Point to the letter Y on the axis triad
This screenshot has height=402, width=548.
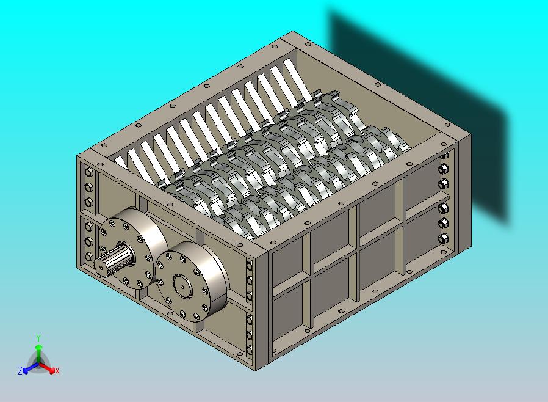click(39, 338)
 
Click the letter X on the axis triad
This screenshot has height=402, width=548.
click(57, 371)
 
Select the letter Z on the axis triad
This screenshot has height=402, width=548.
click(20, 370)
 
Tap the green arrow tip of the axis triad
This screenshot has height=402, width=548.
click(39, 347)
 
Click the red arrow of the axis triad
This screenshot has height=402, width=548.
click(47, 367)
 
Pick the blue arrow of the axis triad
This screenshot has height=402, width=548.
click(31, 367)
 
